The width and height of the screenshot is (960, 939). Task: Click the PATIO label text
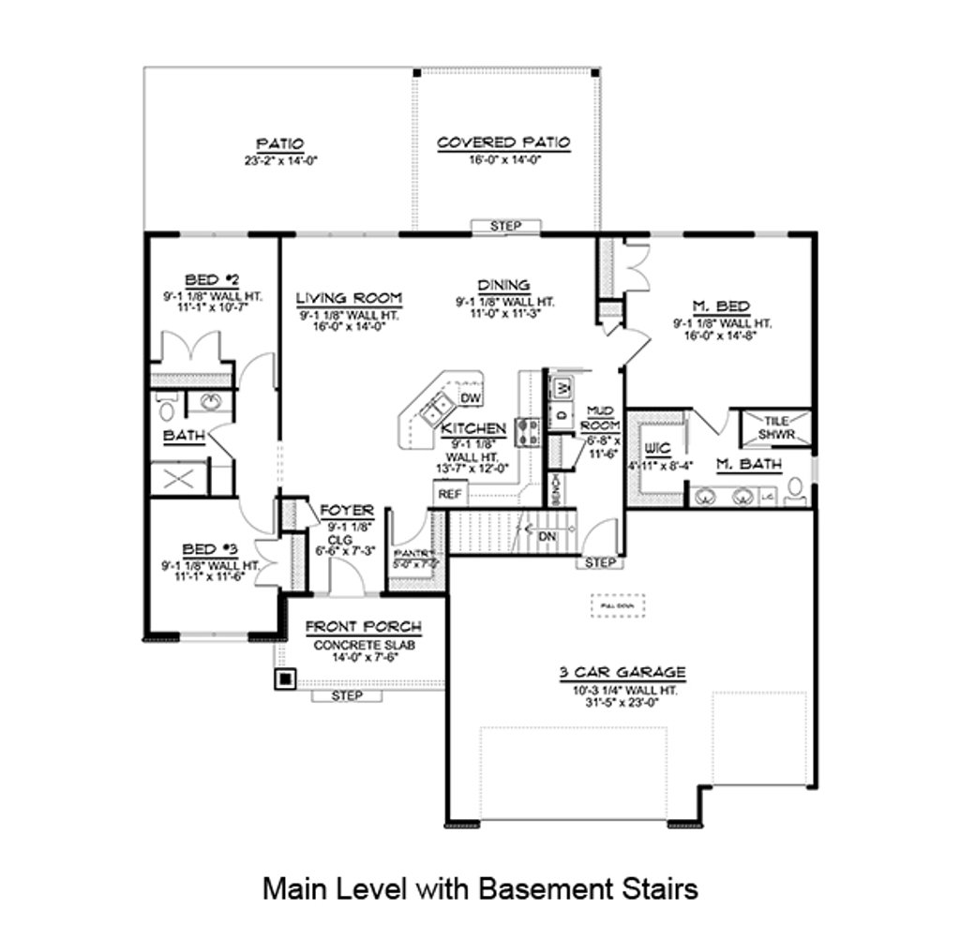pyautogui.click(x=279, y=143)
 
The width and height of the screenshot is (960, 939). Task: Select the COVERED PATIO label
pyautogui.click(x=503, y=142)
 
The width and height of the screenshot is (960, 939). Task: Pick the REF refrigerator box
pyautogui.click(x=449, y=494)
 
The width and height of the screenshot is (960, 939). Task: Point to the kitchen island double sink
pyautogui.click(x=436, y=409)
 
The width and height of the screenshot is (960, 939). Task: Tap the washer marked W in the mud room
pyautogui.click(x=562, y=387)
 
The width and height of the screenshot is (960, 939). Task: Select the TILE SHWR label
pyautogui.click(x=775, y=427)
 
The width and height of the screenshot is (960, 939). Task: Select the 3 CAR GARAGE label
pyautogui.click(x=622, y=671)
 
